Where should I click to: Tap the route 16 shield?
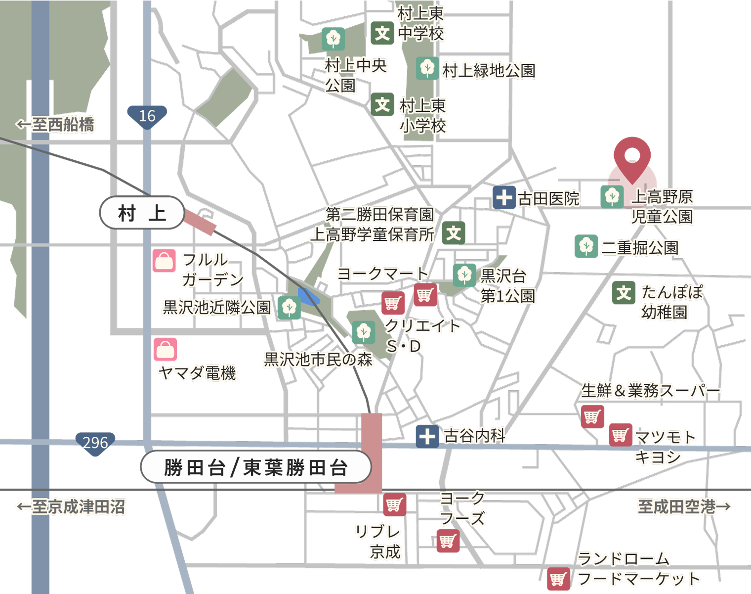[147, 116]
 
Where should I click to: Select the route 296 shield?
[95, 442]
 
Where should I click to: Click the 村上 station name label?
[142, 213]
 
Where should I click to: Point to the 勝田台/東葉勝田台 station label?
[255, 467]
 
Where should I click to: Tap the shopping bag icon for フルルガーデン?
[164, 261]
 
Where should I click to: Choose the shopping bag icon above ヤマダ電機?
[165, 349]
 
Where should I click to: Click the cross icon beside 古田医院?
[504, 198]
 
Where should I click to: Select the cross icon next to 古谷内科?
[427, 436]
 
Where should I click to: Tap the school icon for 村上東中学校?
[382, 33]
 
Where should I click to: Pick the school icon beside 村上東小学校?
[382, 104]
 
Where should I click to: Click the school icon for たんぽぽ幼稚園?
[624, 293]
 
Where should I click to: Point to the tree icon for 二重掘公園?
[586, 246]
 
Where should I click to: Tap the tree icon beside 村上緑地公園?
[427, 68]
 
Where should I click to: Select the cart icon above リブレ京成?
[394, 504]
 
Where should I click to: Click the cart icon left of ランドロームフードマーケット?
[558, 579]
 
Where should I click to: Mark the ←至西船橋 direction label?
[55, 124]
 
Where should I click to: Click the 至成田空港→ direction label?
[684, 506]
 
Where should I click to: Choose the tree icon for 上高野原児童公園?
[612, 196]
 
